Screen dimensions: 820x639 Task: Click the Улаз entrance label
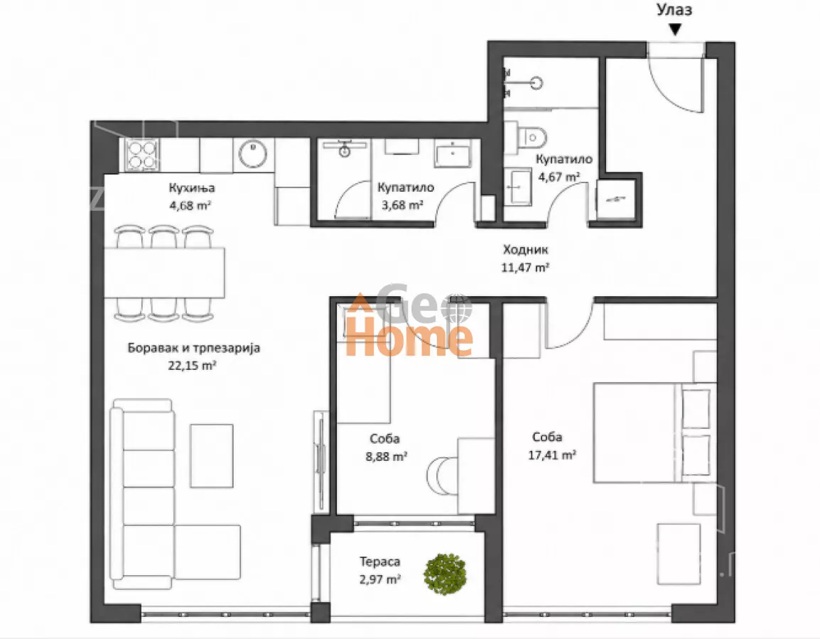(674, 10)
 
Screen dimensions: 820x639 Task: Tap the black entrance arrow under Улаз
(675, 30)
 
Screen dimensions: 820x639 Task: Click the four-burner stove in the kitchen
(142, 155)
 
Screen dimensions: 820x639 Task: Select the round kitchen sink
(252, 153)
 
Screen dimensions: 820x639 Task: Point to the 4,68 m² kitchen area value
(190, 205)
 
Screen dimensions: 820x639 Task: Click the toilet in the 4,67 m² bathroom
(532, 138)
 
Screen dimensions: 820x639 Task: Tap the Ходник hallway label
(526, 250)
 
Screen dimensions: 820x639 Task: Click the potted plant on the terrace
(445, 574)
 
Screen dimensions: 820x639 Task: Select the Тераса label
(380, 562)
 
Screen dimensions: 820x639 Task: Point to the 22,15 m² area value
(192, 366)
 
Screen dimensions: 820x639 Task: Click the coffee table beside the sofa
(211, 456)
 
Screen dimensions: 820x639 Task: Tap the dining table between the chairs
(164, 273)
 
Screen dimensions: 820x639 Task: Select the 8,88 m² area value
(387, 457)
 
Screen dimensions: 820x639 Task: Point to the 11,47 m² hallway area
(525, 268)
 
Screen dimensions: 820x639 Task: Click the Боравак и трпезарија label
(193, 348)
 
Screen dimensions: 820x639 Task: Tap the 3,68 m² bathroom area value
(402, 204)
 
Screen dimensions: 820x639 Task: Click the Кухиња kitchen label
(191, 187)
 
